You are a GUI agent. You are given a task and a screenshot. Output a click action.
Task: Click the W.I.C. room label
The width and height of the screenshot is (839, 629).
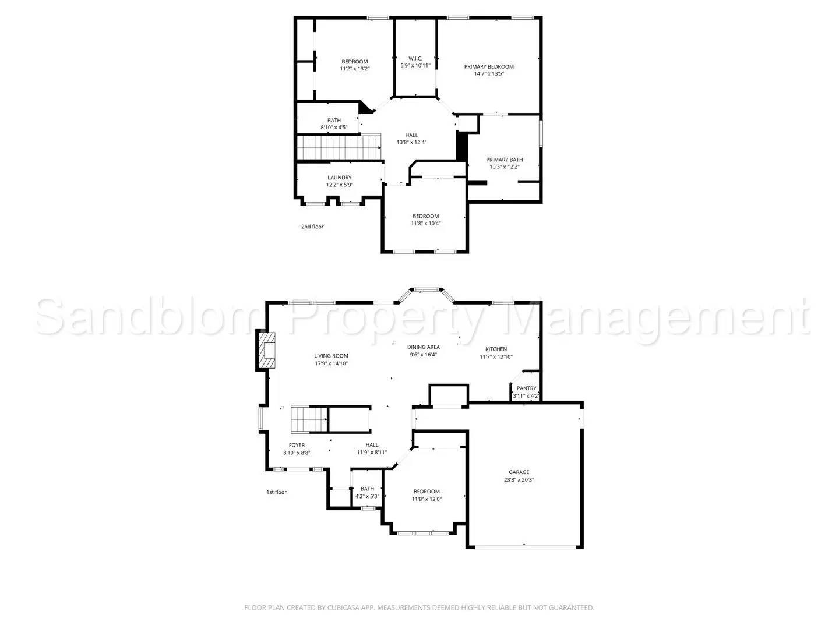click(x=415, y=58)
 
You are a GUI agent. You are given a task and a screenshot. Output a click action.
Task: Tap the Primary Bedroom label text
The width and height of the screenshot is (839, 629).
click(x=489, y=66)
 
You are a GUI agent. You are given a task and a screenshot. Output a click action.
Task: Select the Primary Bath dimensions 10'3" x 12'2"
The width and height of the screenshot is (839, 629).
click(x=504, y=167)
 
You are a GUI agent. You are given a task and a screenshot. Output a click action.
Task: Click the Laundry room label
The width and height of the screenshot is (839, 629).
click(x=339, y=178)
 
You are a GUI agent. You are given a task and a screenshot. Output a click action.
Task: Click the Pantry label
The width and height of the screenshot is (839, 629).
click(x=526, y=388)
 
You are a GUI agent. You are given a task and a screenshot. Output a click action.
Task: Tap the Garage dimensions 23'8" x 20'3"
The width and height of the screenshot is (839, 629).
click(x=519, y=480)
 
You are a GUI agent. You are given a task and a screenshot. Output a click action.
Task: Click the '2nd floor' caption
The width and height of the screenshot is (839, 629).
click(x=312, y=227)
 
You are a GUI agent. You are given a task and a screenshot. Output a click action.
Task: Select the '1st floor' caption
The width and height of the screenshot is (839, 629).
click(x=276, y=492)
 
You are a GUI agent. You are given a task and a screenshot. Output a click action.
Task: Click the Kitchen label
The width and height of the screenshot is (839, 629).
click(x=496, y=349)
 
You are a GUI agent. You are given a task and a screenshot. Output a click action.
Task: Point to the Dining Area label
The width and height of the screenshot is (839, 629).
click(x=423, y=347)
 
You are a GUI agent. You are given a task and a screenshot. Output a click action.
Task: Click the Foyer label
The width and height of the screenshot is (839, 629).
click(x=297, y=446)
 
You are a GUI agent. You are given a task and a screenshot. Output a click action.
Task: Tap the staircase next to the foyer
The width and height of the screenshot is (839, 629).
click(x=309, y=419)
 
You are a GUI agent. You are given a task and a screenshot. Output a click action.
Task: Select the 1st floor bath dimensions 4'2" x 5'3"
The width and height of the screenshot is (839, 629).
click(x=367, y=497)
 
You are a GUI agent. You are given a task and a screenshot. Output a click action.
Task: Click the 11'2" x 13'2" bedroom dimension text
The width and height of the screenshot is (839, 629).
click(x=355, y=69)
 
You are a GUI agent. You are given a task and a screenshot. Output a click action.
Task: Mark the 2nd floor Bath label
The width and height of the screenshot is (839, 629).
click(x=334, y=121)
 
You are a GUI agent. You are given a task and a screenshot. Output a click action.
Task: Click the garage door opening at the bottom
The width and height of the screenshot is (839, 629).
click(x=524, y=546)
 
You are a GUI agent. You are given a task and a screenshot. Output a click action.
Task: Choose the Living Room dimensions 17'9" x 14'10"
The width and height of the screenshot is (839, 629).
click(x=331, y=363)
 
